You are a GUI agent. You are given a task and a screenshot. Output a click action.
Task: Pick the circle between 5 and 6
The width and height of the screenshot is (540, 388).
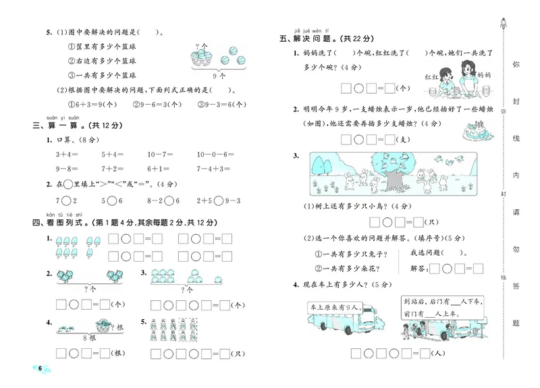(x=113, y=200)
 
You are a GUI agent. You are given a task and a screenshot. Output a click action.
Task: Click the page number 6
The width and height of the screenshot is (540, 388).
(x=40, y=368)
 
